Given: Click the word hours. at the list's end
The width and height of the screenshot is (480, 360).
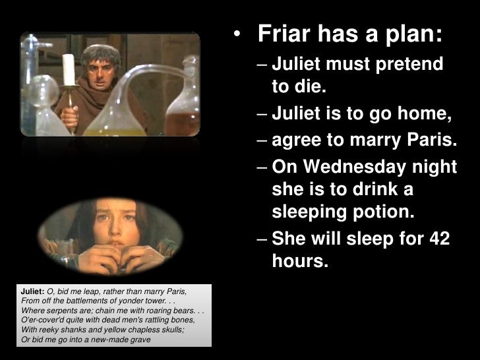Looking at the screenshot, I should pyautogui.click(x=299, y=262).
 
